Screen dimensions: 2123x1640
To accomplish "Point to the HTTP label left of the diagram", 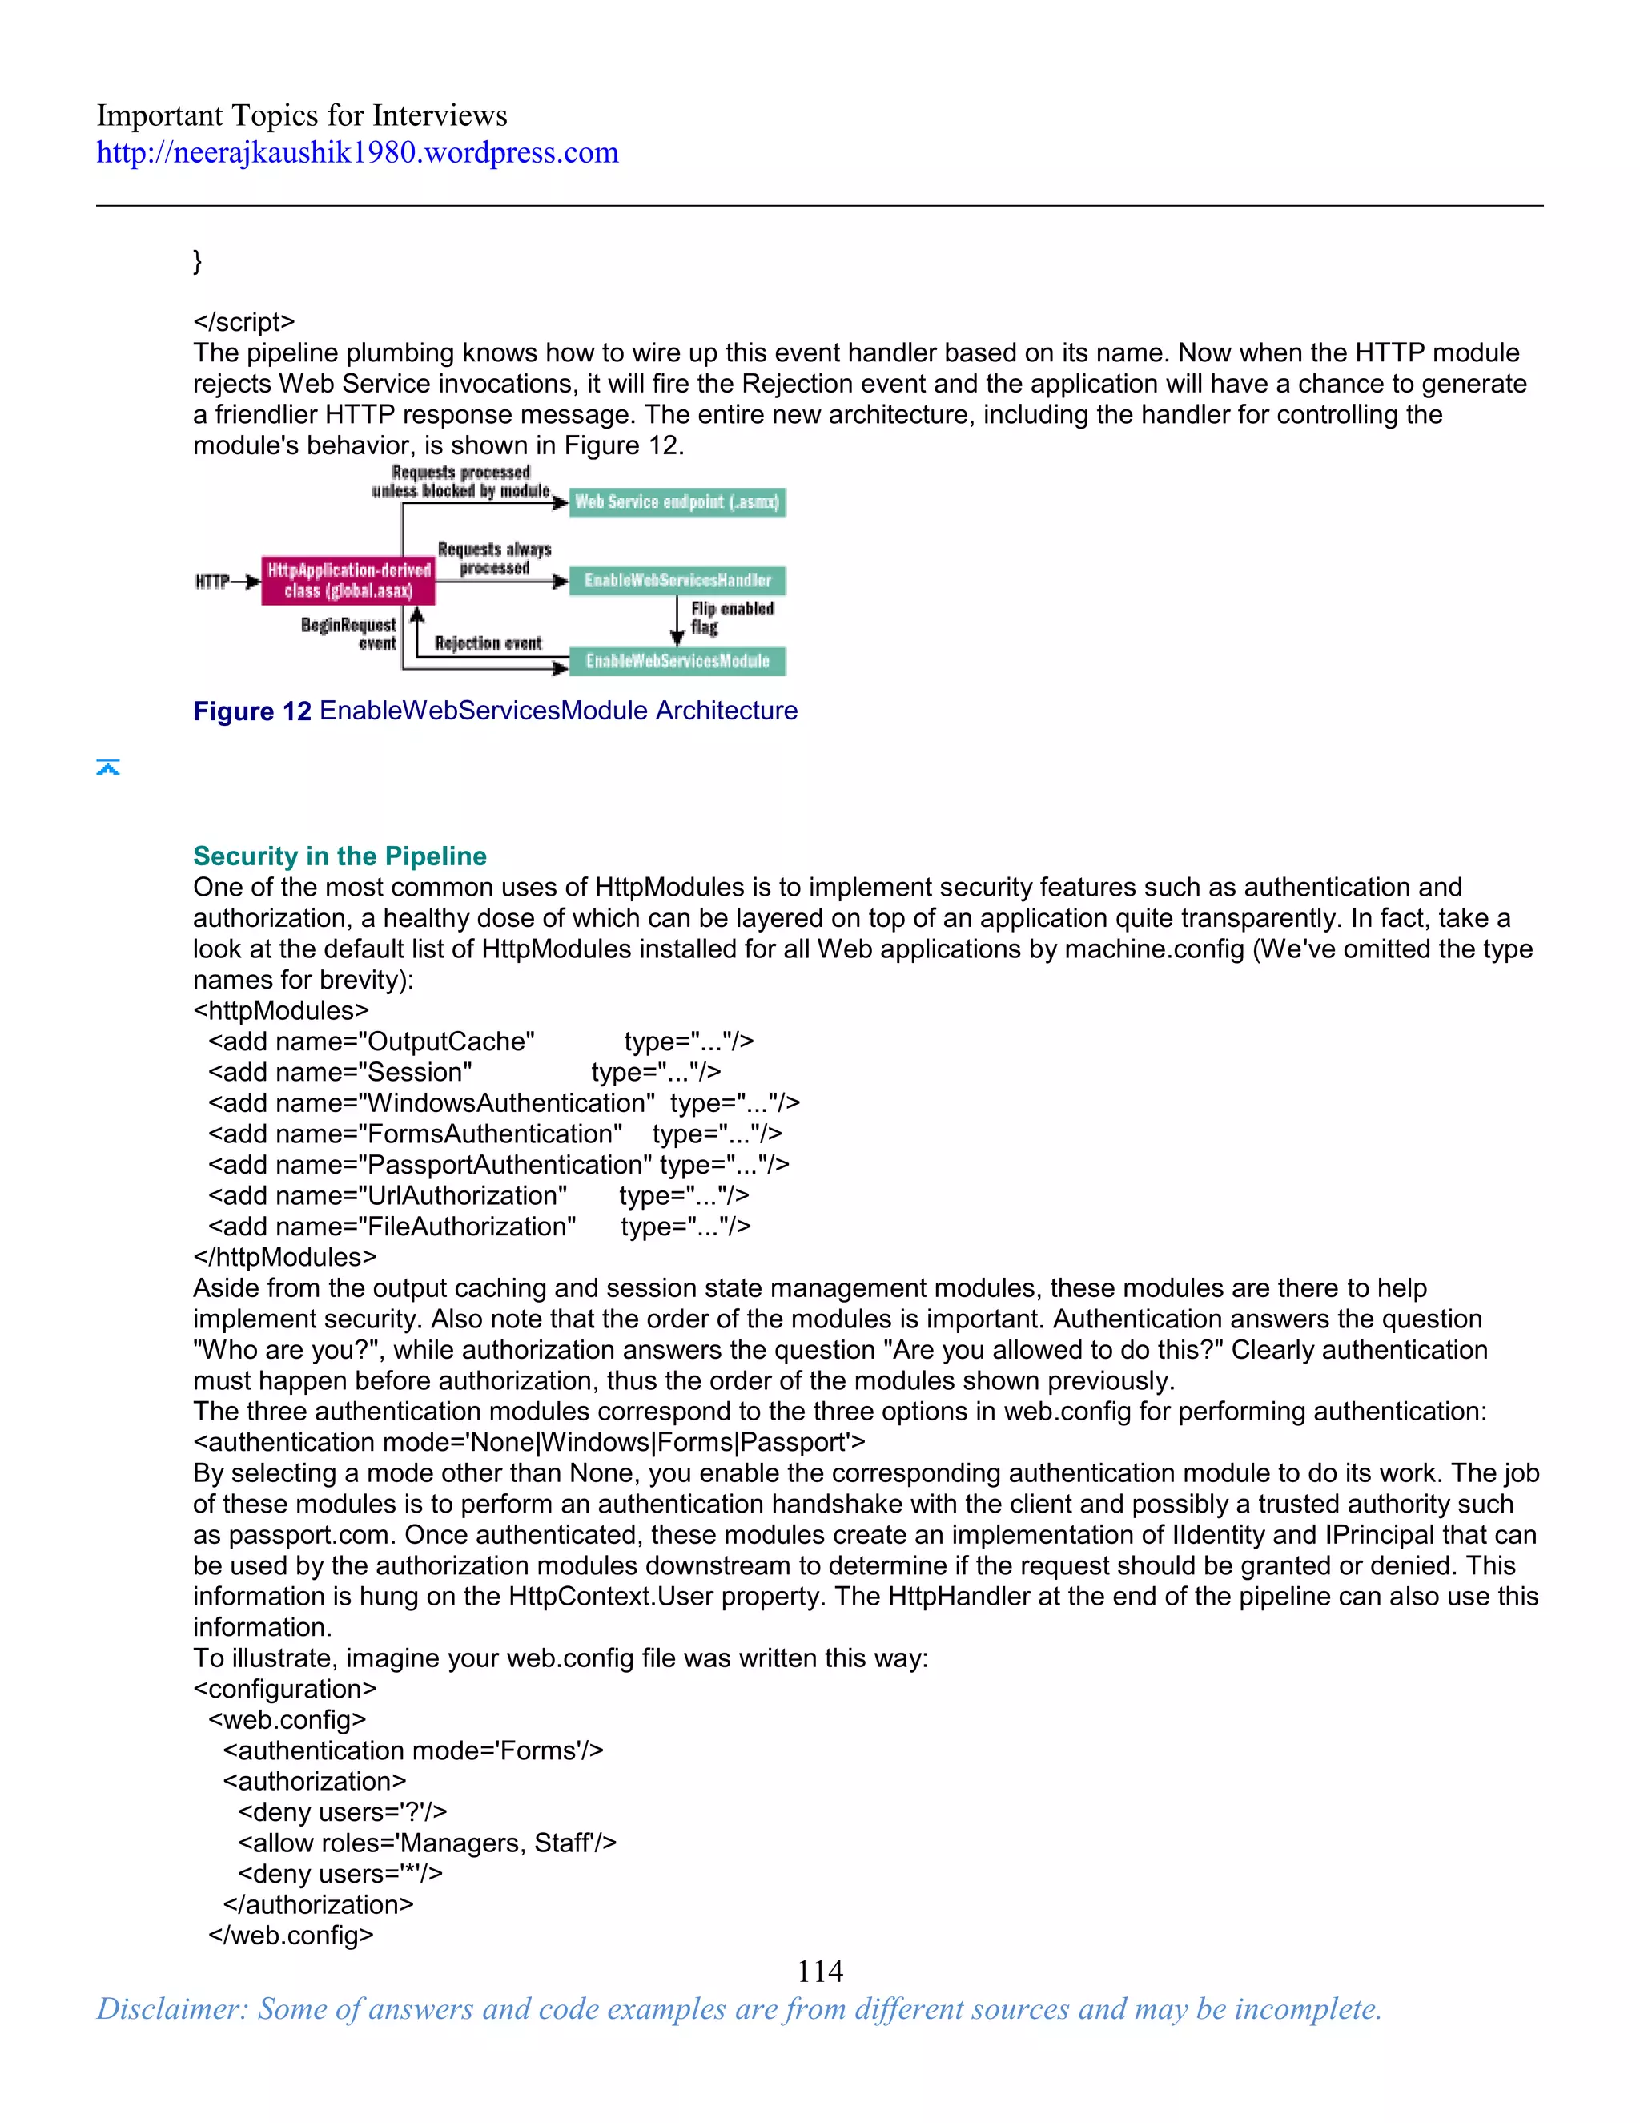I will click(x=211, y=582).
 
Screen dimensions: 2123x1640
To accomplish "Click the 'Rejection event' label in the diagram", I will click(x=488, y=643).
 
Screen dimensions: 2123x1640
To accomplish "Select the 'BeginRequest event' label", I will click(x=349, y=633).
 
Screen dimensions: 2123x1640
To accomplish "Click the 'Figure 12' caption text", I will click(x=251, y=711).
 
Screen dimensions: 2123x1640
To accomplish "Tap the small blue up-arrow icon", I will click(x=108, y=768).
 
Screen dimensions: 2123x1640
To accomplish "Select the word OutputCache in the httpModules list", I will click(x=450, y=1041).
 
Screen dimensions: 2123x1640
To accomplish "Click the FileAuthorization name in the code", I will click(x=470, y=1227).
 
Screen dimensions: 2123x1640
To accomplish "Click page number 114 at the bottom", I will click(x=819, y=1971).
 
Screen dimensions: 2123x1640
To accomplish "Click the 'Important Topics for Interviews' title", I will click(x=301, y=115).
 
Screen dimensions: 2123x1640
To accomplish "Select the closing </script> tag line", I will click(x=244, y=322).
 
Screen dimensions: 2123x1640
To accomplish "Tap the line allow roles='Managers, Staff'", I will click(x=427, y=1843).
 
